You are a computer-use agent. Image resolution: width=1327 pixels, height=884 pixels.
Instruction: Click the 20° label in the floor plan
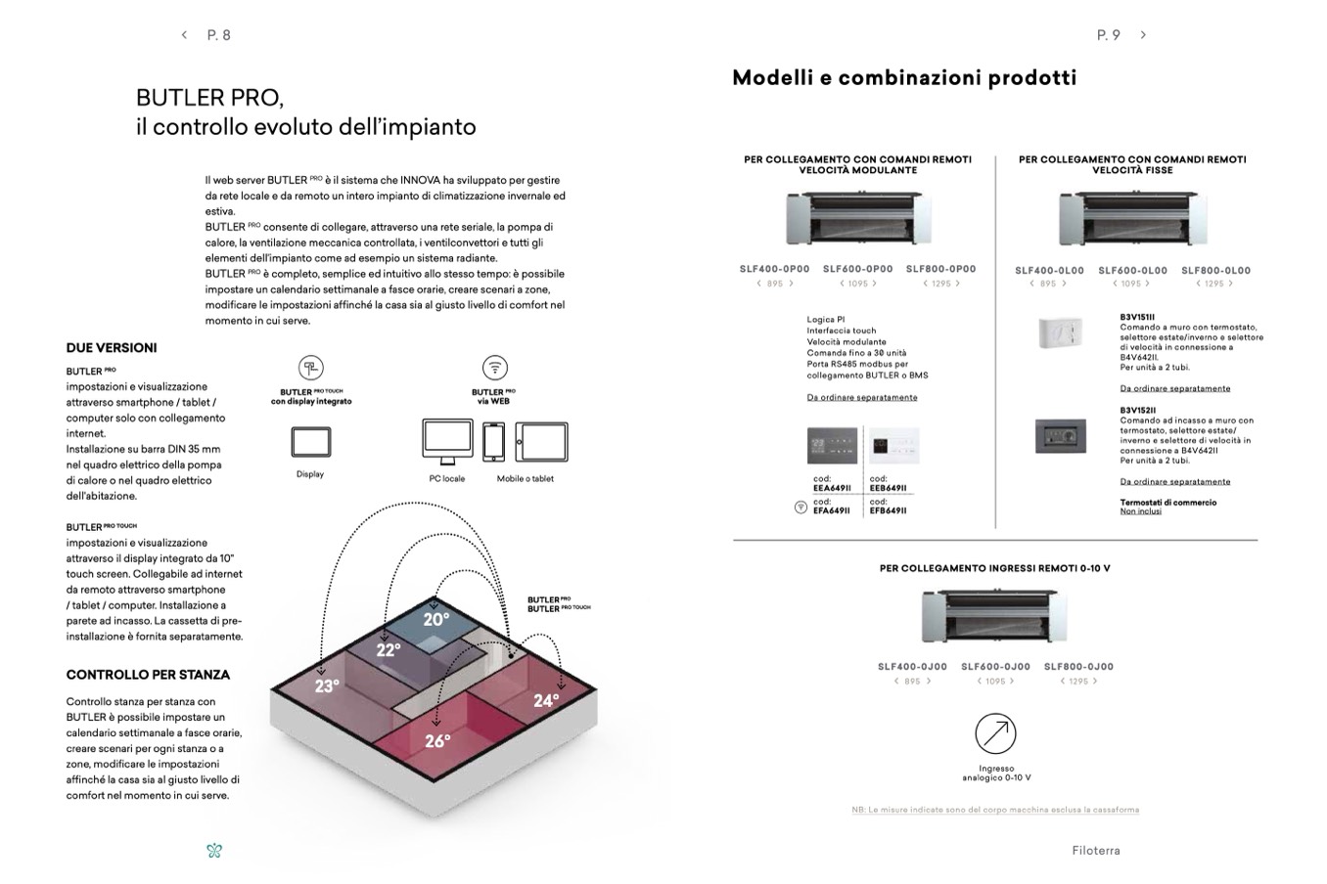pos(436,619)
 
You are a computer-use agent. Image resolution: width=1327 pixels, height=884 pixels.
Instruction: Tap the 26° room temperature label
pos(437,741)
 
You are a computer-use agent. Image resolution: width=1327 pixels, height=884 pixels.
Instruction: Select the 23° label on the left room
pos(327,686)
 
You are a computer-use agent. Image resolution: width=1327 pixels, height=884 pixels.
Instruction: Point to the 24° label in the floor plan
pos(546,700)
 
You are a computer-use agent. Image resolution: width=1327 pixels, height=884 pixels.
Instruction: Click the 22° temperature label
pos(389,650)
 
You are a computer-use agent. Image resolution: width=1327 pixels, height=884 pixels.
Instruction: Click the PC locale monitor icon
pos(447,443)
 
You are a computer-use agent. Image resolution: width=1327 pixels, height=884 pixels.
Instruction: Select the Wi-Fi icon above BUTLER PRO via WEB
pos(495,368)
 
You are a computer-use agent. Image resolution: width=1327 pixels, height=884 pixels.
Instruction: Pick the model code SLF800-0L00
pos(1215,271)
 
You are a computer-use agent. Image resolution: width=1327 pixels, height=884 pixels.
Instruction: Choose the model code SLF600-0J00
pos(995,667)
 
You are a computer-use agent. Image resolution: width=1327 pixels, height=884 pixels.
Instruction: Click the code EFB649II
pos(888,510)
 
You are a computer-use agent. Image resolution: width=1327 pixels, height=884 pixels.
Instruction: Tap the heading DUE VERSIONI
pos(112,348)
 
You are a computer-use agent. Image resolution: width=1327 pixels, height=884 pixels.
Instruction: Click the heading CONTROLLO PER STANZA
pos(148,675)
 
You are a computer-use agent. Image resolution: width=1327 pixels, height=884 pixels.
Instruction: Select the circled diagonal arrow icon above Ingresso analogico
pos(995,733)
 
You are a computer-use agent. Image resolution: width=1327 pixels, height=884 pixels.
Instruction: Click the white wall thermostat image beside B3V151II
pos(1060,332)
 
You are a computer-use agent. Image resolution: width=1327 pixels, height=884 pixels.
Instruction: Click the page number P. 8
pos(219,35)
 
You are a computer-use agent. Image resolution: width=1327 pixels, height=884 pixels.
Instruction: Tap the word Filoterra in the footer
pos(1095,851)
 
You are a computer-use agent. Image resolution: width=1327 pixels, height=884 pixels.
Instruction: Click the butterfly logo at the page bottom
pos(214,851)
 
